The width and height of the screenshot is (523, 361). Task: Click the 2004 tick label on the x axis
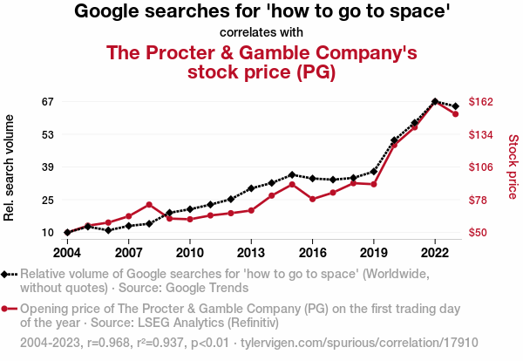pos(67,252)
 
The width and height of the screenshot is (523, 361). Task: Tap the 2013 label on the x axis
pos(251,252)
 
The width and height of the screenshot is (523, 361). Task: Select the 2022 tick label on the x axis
pos(435,252)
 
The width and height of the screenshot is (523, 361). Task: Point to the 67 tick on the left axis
pos(47,101)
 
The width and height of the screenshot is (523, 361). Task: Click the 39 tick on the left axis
pos(47,167)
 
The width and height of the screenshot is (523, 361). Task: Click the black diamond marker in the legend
pos(8,274)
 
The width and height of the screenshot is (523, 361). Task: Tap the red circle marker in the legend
pos(8,309)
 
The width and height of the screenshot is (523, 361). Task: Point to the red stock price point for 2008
pos(149,204)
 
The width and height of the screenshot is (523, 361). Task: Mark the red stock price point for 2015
pos(292,184)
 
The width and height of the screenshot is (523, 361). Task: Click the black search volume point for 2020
pos(394,140)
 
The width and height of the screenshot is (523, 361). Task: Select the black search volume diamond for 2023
pos(456,106)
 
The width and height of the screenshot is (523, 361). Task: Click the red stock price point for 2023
pos(456,114)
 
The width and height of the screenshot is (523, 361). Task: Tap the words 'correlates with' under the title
pos(261,32)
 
